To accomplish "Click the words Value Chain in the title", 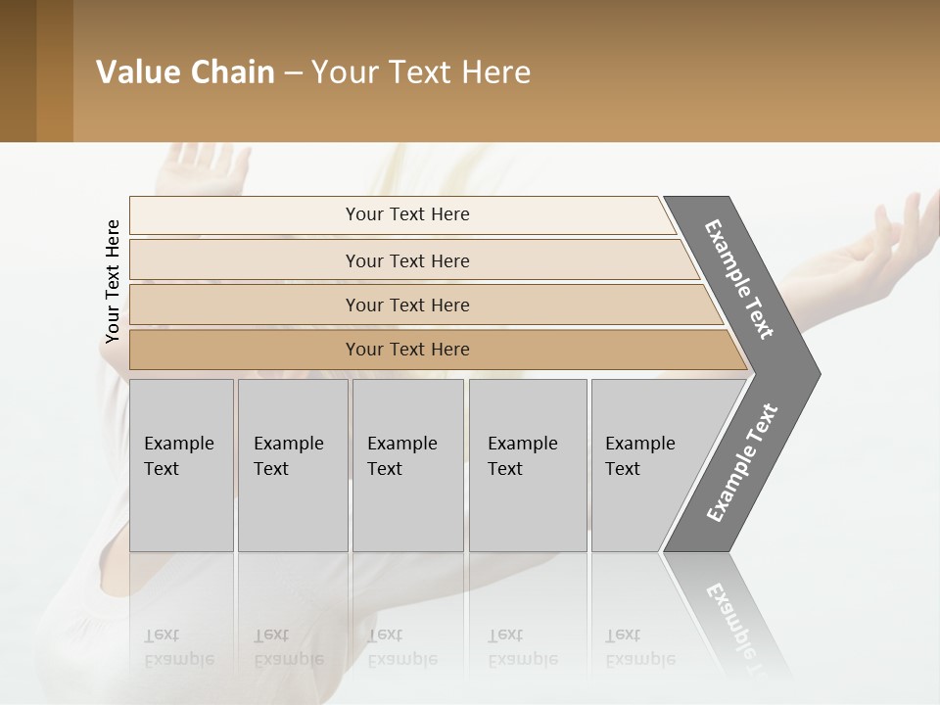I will [185, 72].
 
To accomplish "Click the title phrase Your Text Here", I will [421, 72].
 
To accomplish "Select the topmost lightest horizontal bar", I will [406, 214].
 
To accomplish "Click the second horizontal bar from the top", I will [406, 260].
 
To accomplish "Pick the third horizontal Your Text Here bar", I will [406, 305].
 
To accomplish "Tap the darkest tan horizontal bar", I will [406, 350].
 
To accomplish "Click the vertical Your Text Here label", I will [113, 281].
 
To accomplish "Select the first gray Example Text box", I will [181, 465].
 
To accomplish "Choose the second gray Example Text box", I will [292, 465].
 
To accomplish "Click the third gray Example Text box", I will [407, 465].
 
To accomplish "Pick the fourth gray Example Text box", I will [527, 465].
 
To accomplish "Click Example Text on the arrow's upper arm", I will [740, 279].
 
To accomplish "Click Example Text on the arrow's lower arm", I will [742, 462].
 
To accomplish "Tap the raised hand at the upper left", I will [211, 166].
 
